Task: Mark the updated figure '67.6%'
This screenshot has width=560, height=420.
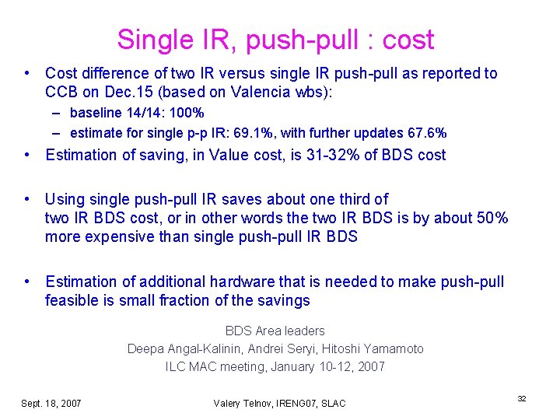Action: click(x=425, y=132)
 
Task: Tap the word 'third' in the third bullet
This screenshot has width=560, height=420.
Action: click(x=370, y=199)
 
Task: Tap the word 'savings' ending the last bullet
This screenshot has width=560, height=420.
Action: click(x=284, y=300)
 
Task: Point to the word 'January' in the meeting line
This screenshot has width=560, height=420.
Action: click(x=293, y=366)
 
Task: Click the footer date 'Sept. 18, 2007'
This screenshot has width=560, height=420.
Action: click(x=51, y=403)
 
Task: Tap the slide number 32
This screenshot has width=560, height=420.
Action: click(x=522, y=398)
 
